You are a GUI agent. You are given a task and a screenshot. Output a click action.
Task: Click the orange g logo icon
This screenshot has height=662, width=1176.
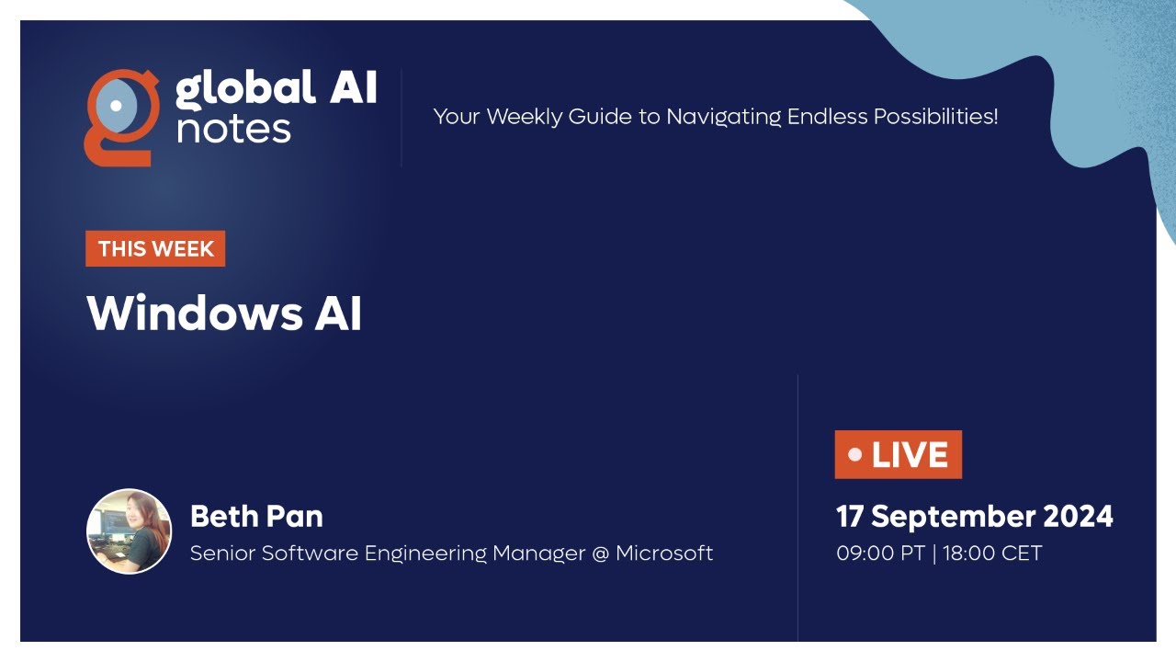(x=120, y=117)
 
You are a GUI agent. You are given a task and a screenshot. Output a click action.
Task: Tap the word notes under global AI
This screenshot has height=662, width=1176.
(x=233, y=129)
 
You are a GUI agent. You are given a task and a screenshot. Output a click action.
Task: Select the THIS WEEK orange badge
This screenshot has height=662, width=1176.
(x=155, y=248)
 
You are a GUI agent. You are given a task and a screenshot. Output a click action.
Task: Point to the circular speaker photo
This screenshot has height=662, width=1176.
(x=129, y=531)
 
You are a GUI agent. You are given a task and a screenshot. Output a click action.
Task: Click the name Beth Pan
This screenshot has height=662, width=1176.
(x=256, y=516)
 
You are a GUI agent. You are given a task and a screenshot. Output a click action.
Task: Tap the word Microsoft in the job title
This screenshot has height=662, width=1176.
(x=664, y=553)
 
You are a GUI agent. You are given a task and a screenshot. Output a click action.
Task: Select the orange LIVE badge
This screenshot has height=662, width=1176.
(x=898, y=454)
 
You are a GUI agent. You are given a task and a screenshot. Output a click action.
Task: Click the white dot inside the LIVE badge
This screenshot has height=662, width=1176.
(x=855, y=454)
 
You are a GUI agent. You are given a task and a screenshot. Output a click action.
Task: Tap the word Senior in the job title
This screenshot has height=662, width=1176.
(x=219, y=553)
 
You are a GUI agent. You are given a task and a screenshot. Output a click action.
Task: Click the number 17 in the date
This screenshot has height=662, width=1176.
(x=850, y=516)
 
